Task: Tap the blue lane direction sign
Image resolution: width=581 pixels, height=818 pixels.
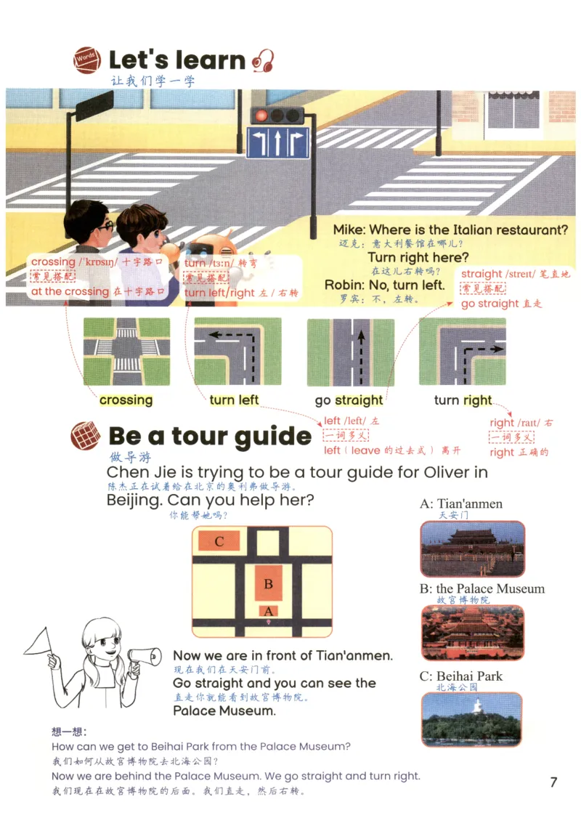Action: [x=278, y=142]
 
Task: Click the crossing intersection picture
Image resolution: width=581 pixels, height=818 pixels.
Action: [x=127, y=352]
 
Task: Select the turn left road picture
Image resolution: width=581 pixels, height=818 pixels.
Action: [x=237, y=352]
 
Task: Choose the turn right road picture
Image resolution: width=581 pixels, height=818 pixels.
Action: [x=463, y=352]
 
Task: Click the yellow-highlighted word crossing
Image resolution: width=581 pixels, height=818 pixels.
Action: [x=126, y=400]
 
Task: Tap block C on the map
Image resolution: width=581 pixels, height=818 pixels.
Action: [x=219, y=541]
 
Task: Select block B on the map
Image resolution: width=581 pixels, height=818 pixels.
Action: [x=269, y=583]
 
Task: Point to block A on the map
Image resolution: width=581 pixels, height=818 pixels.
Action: [x=269, y=611]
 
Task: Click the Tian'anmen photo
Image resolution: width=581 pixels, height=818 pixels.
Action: [x=473, y=548]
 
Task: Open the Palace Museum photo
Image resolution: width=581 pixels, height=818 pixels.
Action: [x=473, y=632]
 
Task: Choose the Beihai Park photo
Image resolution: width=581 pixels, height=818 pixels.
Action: [x=471, y=719]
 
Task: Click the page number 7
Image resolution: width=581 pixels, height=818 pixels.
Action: [x=554, y=782]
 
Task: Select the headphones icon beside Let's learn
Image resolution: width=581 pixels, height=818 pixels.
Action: [x=263, y=60]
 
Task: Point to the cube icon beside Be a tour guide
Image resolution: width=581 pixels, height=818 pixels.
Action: [x=86, y=436]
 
